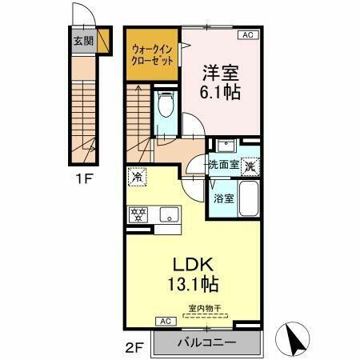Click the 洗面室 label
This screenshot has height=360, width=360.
(223, 166)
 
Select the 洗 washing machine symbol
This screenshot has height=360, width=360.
(251, 167)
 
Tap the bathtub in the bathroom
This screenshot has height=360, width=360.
(251, 200)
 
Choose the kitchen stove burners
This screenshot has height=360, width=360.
(139, 214)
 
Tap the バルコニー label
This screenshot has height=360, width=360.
(206, 342)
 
